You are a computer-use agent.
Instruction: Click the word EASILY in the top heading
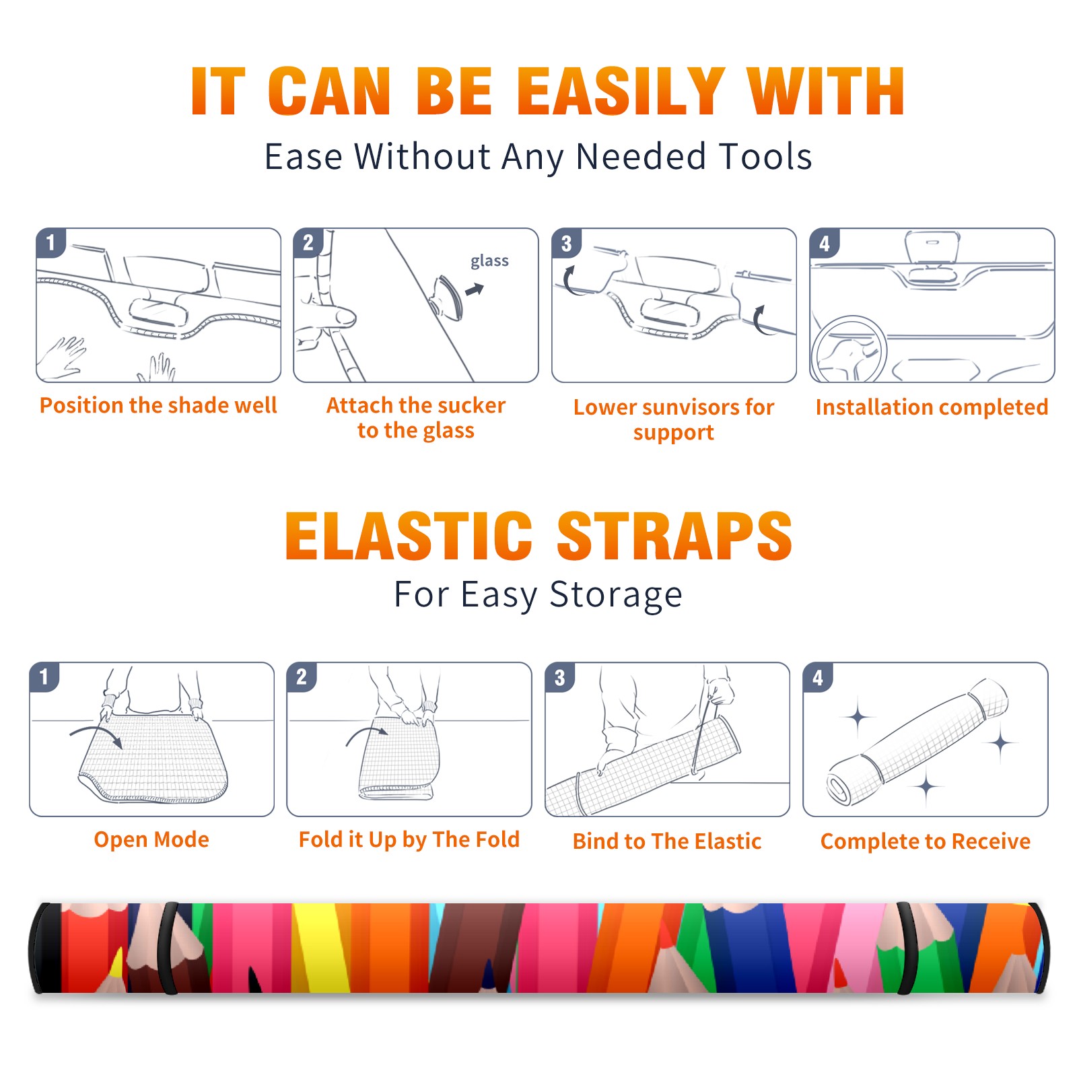point(621,92)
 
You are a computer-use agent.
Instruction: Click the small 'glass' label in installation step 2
point(489,261)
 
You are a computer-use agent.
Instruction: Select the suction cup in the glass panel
point(448,297)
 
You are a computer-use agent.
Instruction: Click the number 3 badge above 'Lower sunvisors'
point(566,243)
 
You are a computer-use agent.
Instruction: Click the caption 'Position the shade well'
point(158,405)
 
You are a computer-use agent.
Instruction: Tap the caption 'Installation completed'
point(932,407)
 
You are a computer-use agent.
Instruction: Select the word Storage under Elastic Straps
point(616,594)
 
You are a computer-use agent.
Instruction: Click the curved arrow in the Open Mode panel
point(96,736)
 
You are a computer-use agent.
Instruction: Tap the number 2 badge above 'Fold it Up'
point(302,676)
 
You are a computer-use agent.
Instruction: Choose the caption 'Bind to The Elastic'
point(666,841)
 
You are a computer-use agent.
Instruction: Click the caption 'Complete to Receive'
point(926,841)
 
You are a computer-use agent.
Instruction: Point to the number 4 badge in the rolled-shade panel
point(818,677)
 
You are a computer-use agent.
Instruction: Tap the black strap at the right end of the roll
point(906,948)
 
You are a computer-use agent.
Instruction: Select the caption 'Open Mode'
point(151,839)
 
